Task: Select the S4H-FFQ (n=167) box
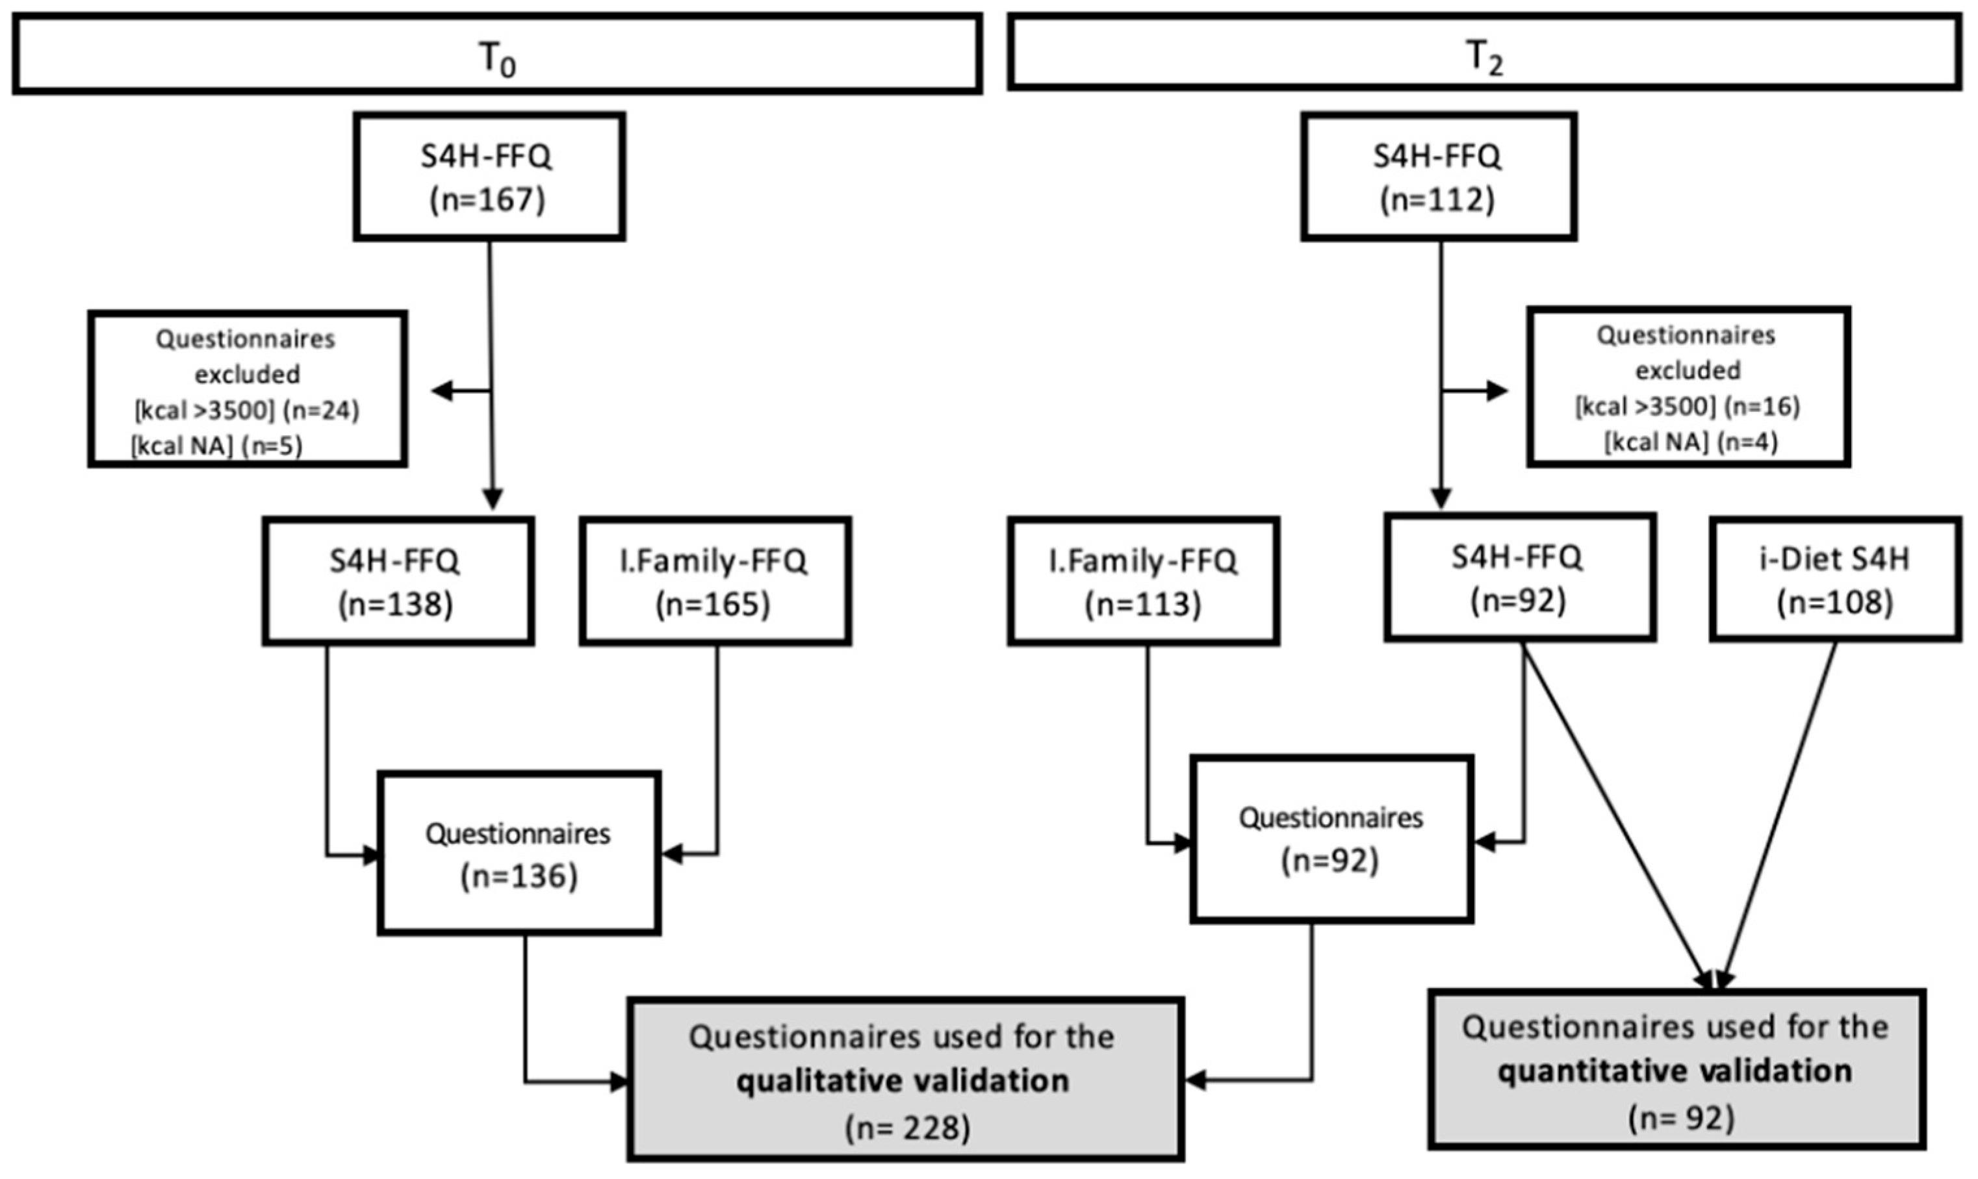[488, 177]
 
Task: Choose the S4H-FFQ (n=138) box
[396, 581]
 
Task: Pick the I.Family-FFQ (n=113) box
[1143, 581]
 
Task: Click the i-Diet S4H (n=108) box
[1835, 579]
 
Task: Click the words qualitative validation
[903, 1082]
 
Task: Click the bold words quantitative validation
[1675, 1072]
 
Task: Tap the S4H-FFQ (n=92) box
[1519, 577]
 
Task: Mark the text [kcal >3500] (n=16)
[1688, 406]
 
